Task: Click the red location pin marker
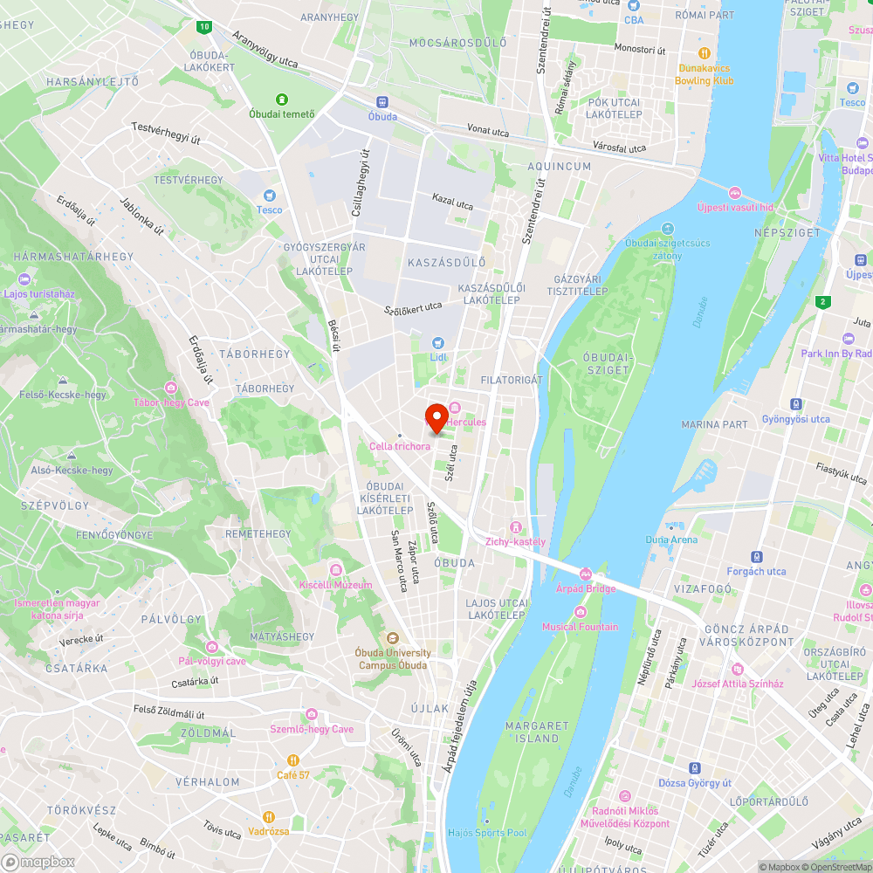pyautogui.click(x=436, y=417)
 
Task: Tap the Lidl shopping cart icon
pyautogui.click(x=437, y=343)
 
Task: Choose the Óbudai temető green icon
pyautogui.click(x=282, y=100)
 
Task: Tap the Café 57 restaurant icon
pyautogui.click(x=294, y=760)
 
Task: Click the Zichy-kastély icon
pyautogui.click(x=516, y=527)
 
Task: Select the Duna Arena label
pyautogui.click(x=671, y=539)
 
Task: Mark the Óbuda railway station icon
pyautogui.click(x=382, y=102)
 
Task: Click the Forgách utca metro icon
pyautogui.click(x=756, y=557)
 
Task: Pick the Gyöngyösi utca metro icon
pyautogui.click(x=795, y=404)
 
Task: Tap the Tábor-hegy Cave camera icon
pyautogui.click(x=171, y=388)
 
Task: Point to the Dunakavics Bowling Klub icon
pyautogui.click(x=705, y=53)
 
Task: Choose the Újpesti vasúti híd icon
pyautogui.click(x=735, y=192)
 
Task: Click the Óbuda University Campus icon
pyautogui.click(x=392, y=638)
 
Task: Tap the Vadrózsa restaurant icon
pyautogui.click(x=268, y=817)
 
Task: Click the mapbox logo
pyautogui.click(x=39, y=862)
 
